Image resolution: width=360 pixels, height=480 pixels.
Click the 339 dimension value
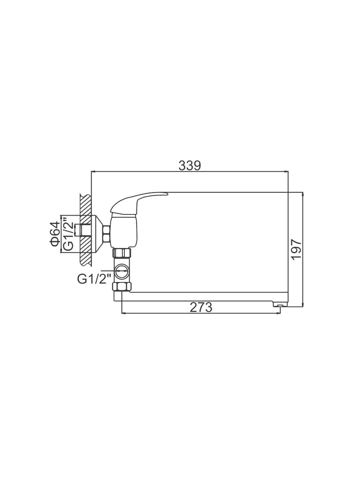tap(190, 166)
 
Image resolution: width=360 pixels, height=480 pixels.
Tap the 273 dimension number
tap(201, 307)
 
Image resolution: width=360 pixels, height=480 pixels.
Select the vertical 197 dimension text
tap(297, 249)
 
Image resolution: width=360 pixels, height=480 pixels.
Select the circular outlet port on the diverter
tap(122, 271)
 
